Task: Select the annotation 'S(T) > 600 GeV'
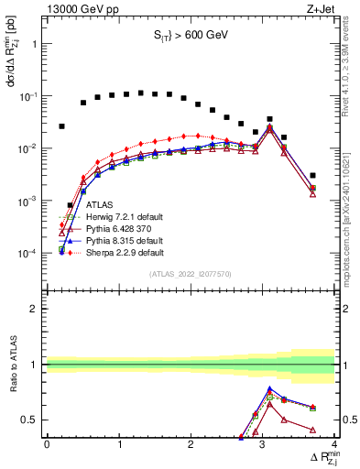190,36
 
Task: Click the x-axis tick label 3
263,444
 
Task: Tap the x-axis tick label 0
47,444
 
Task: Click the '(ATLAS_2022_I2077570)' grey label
190,273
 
